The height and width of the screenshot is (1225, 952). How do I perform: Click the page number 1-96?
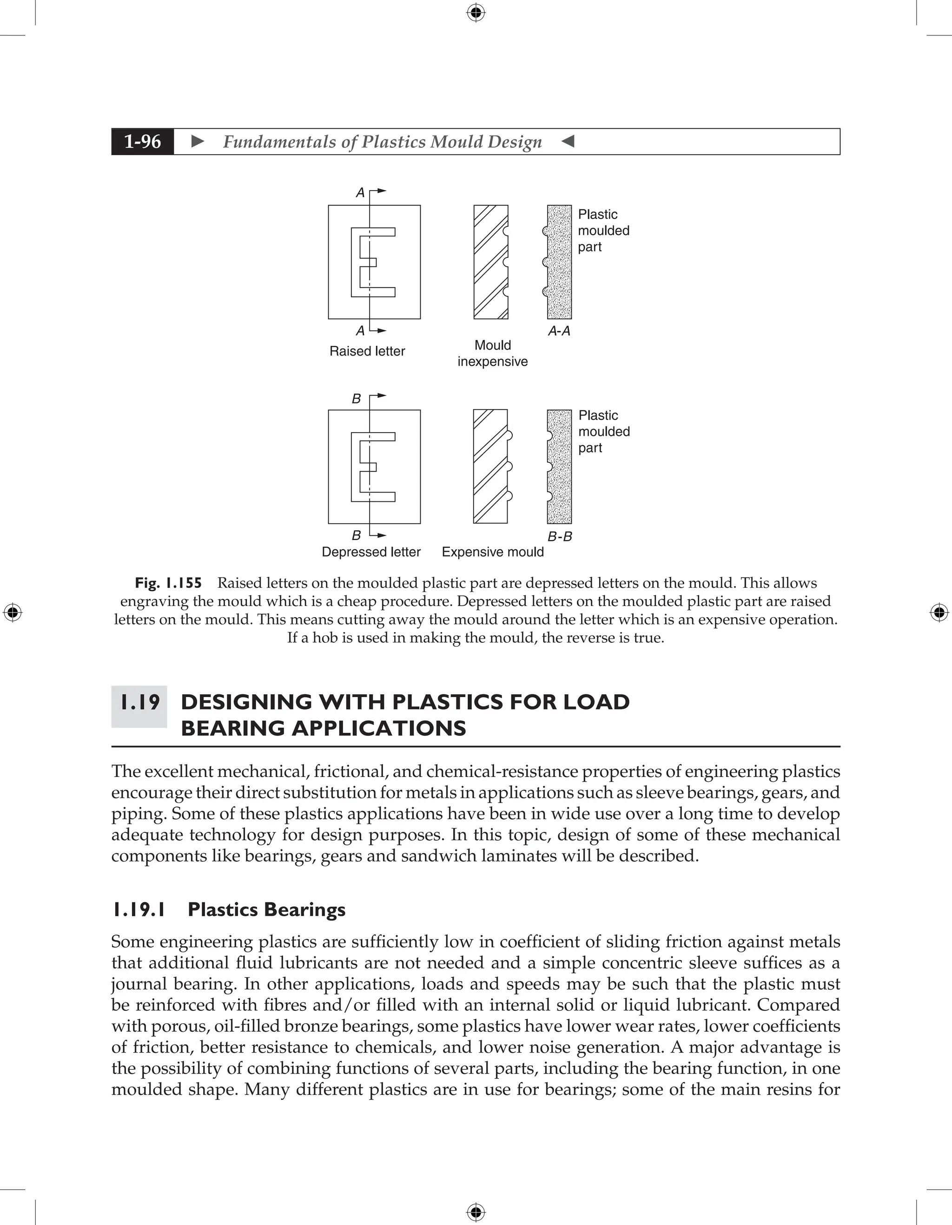(x=143, y=141)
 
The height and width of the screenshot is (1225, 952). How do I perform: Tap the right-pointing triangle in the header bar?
(x=198, y=141)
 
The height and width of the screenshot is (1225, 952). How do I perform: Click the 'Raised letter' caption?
(x=367, y=351)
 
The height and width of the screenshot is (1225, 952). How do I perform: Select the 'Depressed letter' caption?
(x=371, y=552)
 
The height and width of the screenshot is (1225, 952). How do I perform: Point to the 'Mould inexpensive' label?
(x=493, y=353)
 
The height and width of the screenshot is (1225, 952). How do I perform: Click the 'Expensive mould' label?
(x=493, y=552)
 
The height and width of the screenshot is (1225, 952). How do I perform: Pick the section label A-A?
(x=559, y=331)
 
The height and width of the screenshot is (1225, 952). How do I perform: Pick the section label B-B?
(x=560, y=536)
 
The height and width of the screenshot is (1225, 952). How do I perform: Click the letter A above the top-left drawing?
(x=360, y=193)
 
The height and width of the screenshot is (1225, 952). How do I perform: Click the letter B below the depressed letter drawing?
(x=356, y=535)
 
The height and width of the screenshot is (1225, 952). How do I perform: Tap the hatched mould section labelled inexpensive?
(x=490, y=262)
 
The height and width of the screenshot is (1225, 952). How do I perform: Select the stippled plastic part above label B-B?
(x=560, y=467)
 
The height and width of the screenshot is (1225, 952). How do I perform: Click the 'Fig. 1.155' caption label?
(x=168, y=583)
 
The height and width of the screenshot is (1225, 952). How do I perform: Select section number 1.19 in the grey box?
(x=139, y=702)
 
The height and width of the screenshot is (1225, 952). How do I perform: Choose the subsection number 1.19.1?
(x=139, y=909)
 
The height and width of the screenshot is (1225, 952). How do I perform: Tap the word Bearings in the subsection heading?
(x=304, y=909)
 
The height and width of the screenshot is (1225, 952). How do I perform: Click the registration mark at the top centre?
(x=476, y=13)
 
